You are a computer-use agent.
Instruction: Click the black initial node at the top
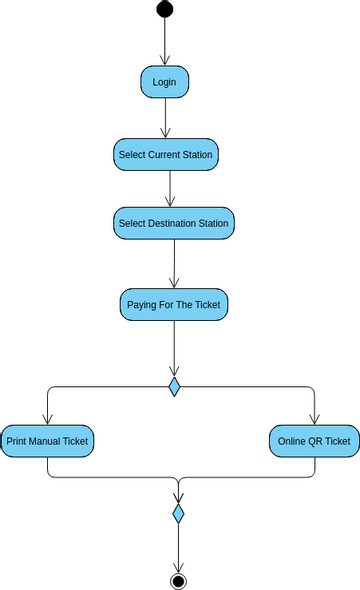click(164, 9)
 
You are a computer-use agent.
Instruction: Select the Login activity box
click(164, 82)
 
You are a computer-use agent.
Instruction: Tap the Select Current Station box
click(166, 155)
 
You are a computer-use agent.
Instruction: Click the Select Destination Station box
click(173, 223)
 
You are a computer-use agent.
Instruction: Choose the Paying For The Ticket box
click(174, 304)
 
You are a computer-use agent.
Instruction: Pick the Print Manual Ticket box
click(47, 441)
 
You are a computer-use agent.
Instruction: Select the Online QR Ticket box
click(314, 441)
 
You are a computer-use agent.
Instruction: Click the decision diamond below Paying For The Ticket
click(174, 386)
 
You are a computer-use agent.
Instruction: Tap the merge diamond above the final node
click(178, 514)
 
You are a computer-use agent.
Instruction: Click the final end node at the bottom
click(178, 580)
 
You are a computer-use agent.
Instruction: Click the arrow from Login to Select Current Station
click(165, 118)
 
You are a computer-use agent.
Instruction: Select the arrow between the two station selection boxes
click(170, 189)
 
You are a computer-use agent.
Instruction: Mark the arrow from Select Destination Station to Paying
click(174, 263)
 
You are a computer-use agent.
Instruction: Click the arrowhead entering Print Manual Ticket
click(47, 419)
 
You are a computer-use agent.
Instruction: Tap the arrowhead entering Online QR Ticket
click(314, 419)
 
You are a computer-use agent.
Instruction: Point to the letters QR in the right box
click(315, 441)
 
